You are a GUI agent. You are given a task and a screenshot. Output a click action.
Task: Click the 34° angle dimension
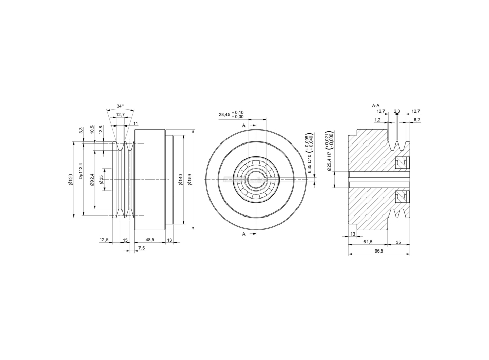[120, 106]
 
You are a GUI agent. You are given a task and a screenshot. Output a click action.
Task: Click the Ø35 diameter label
[102, 179]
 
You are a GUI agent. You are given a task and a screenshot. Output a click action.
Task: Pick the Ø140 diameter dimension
[180, 179]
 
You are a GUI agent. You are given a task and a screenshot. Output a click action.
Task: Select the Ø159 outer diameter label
[190, 179]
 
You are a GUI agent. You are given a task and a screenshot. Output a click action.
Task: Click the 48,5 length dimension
[150, 240]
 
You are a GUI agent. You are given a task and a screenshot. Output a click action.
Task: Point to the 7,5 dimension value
[141, 248]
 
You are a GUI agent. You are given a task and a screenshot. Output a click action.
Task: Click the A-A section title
[376, 105]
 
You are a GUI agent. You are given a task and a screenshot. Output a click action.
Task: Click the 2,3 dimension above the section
[396, 111]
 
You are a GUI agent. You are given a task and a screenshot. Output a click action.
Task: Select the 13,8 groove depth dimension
[100, 130]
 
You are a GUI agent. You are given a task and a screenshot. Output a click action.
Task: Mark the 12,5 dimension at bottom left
[104, 240]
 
